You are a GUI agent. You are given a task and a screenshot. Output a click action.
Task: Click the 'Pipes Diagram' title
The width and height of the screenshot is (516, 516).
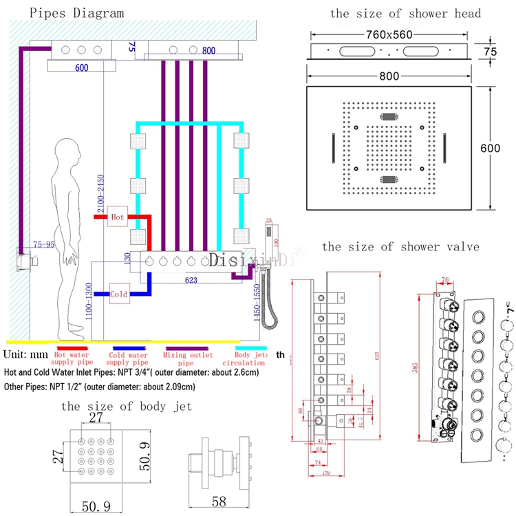[67, 13]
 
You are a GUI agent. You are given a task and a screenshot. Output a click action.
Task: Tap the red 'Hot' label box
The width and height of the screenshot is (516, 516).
[117, 216]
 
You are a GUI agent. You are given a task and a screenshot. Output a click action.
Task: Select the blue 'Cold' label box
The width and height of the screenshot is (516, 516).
[118, 294]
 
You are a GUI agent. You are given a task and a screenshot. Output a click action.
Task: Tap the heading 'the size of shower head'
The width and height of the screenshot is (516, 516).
[405, 13]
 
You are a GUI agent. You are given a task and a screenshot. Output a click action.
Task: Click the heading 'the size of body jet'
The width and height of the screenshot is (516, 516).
[127, 406]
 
